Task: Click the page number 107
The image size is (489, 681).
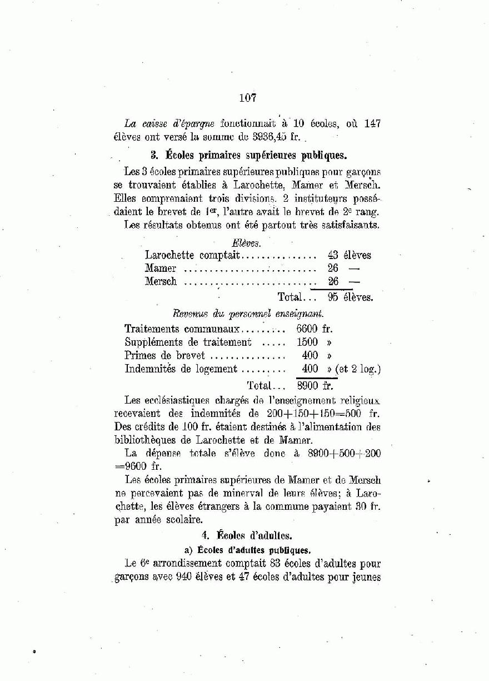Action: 247,98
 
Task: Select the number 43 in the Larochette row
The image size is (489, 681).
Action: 333,255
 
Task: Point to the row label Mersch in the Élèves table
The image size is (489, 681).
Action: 161,281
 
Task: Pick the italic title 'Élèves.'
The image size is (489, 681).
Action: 246,242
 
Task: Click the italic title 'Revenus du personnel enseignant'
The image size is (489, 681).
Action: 248,314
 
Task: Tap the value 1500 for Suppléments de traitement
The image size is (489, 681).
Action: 307,342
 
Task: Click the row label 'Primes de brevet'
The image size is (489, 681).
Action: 164,355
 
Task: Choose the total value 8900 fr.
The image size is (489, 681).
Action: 314,385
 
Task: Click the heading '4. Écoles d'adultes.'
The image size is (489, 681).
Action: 247,535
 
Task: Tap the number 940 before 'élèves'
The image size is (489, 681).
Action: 183,576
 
